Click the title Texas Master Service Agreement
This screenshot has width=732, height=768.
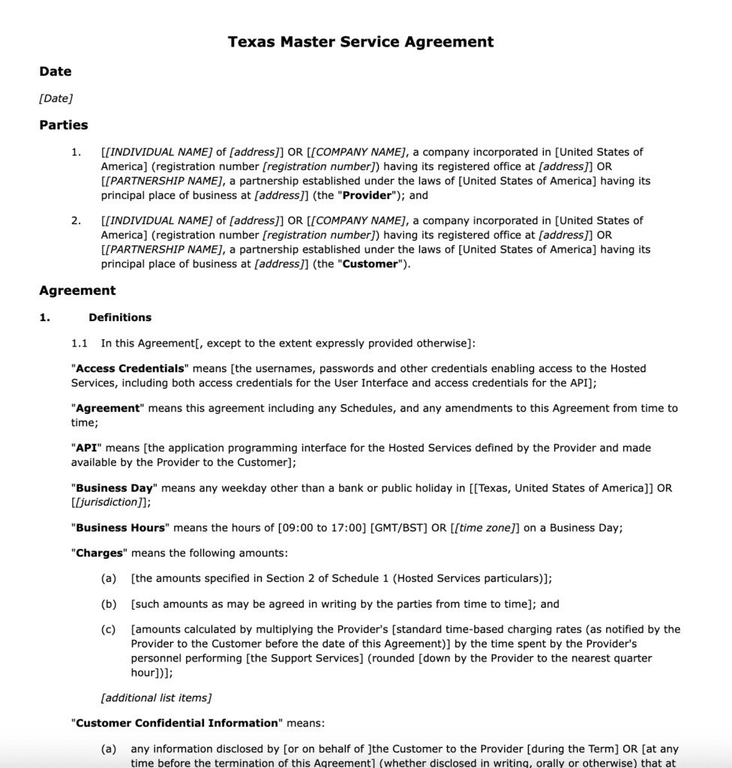click(361, 42)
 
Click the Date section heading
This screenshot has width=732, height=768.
click(55, 71)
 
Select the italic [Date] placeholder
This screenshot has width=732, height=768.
click(55, 98)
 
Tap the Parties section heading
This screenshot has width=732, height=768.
click(64, 125)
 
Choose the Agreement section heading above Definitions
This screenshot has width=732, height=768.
click(77, 290)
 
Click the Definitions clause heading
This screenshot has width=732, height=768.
click(120, 317)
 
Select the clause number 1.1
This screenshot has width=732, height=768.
click(79, 344)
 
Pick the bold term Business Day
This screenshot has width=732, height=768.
click(115, 487)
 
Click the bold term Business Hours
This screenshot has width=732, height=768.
click(120, 527)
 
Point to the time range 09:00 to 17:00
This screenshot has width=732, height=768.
click(322, 527)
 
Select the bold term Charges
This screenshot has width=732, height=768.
click(100, 553)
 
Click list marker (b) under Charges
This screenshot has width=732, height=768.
click(108, 604)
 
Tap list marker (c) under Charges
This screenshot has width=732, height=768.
click(108, 629)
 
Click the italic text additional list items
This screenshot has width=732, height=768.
click(156, 697)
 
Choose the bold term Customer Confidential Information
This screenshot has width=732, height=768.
click(177, 723)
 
